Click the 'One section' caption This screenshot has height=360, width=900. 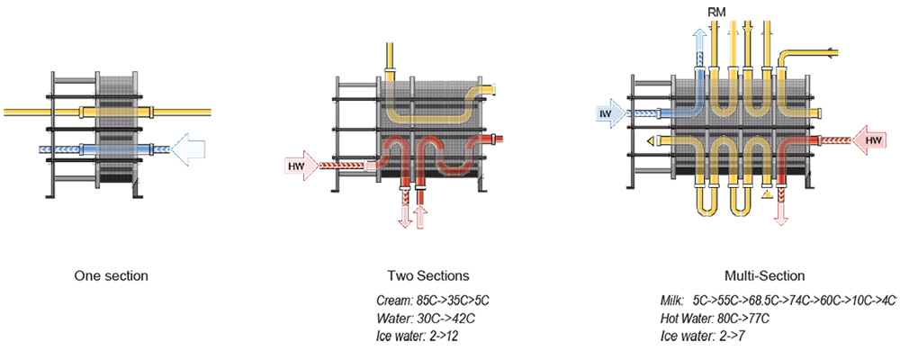111,275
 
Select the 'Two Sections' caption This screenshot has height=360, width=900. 427,275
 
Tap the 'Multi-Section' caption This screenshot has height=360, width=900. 764,275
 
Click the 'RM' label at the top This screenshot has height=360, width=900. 717,12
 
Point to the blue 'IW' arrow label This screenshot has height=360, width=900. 607,112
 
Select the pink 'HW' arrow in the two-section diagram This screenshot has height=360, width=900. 300,165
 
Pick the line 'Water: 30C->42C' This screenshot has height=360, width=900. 421,318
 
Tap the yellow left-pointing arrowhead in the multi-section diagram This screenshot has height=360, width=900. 651,141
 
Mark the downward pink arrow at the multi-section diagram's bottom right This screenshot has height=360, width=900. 780,212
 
